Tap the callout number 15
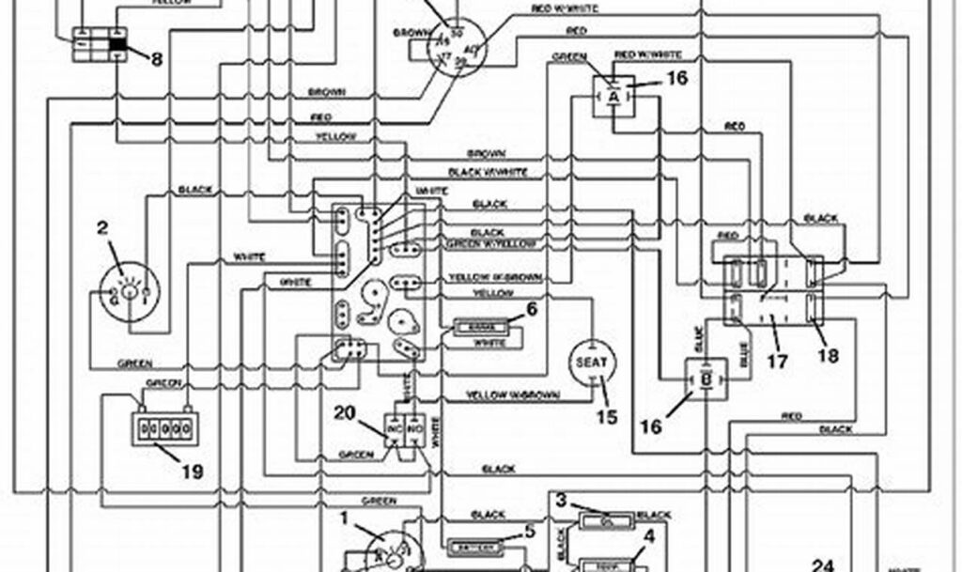[608, 416]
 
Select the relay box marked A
[613, 95]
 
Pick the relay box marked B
[704, 379]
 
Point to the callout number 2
[102, 226]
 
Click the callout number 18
[828, 355]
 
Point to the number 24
[823, 564]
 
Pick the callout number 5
[529, 532]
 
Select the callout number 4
[647, 537]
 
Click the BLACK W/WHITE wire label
[488, 172]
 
